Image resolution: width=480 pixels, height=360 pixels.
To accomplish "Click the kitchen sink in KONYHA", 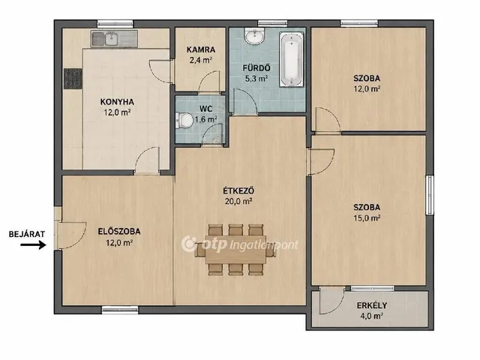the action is click(x=114, y=38).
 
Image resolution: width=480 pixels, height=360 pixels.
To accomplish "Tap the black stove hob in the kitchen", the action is click(x=73, y=79).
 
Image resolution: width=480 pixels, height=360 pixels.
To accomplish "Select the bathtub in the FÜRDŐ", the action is click(x=292, y=59).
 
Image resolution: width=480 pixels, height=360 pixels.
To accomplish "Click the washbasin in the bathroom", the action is click(x=254, y=36).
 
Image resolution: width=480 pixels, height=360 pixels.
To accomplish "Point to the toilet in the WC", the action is click(x=184, y=120).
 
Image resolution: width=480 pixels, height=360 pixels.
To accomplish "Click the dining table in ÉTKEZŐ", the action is click(x=235, y=249).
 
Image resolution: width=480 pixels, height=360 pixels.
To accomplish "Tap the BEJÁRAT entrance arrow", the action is click(x=33, y=244).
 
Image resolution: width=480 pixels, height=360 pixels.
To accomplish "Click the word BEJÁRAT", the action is click(x=27, y=234).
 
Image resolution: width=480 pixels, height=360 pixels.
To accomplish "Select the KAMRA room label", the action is click(x=201, y=49).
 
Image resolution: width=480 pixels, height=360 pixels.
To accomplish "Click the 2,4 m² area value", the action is click(x=201, y=60).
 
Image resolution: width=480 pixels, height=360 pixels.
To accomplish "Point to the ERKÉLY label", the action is click(x=372, y=305).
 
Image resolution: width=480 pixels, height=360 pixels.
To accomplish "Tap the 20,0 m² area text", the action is click(x=238, y=201).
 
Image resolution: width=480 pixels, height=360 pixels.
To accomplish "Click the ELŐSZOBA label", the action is click(x=119, y=232).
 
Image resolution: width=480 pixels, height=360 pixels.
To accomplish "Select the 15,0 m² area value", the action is click(x=367, y=218).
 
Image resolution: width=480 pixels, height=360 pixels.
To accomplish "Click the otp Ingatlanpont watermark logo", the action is click(x=240, y=244).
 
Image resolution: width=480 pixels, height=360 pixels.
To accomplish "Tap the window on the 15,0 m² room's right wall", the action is click(x=430, y=195).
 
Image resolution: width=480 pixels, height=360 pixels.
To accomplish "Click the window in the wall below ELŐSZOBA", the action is click(x=120, y=310).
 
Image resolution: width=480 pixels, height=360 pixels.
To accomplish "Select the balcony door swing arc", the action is click(x=331, y=301).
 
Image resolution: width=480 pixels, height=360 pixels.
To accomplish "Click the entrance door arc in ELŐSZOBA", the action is click(x=72, y=235).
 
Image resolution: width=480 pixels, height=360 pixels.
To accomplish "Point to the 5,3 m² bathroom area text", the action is click(x=256, y=79).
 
